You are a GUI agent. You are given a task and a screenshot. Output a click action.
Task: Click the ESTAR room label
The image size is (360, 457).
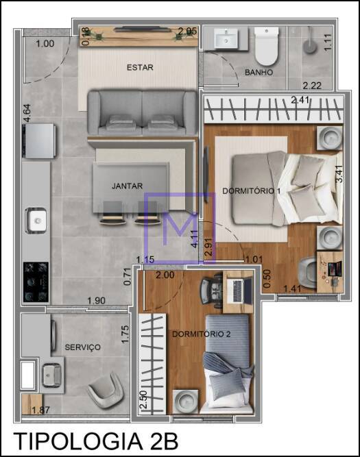tap(140, 67)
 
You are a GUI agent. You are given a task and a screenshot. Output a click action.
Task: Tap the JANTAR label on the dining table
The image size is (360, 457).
tap(127, 186)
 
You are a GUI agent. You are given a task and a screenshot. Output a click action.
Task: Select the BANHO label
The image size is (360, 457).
tap(259, 72)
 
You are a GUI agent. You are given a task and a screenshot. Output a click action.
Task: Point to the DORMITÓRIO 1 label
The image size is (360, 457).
tap(252, 191)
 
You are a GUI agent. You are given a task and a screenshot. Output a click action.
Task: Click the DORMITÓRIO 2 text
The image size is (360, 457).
tap(202, 334)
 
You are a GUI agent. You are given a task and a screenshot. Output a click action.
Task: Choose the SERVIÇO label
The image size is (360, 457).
tap(82, 347)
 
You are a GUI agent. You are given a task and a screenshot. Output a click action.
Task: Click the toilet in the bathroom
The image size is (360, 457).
tap(266, 46)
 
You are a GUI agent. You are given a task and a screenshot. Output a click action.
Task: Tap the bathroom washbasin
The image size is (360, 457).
tap(226, 38)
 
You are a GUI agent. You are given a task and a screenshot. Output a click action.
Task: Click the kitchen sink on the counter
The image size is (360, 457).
tap(36, 221)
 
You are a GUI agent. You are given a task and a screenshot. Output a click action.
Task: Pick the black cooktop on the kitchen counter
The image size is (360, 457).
tap(36, 282)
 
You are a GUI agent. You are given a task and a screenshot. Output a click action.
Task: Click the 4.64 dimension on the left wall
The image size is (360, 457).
tap(27, 113)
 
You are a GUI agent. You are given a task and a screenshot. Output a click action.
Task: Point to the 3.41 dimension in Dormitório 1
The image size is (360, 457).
tap(339, 174)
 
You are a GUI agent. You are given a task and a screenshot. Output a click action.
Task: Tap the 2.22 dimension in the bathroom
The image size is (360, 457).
tap(312, 86)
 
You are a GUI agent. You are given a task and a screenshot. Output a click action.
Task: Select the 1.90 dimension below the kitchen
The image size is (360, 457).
tap(96, 301)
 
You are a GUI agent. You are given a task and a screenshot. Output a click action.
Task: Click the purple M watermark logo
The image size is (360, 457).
tap(180, 228)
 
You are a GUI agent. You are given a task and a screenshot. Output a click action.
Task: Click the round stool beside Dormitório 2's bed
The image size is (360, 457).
tap(186, 402)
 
